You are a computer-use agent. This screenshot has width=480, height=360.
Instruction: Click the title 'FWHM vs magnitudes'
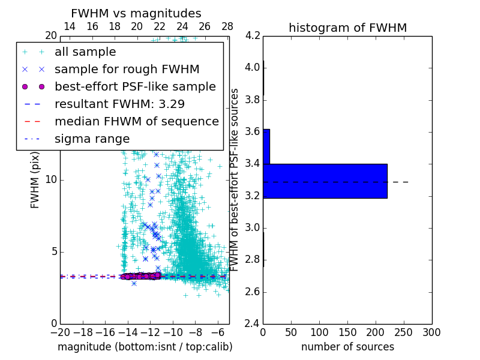[x=136, y=14]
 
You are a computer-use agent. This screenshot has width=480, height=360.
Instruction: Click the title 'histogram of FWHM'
[x=347, y=28]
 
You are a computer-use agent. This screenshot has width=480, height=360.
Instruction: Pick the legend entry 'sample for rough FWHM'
[x=127, y=70]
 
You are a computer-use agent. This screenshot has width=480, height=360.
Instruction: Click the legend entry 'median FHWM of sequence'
[x=136, y=121]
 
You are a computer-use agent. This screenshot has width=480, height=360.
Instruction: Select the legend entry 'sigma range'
[x=92, y=139]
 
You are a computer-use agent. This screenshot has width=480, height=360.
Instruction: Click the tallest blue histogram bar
[x=325, y=181]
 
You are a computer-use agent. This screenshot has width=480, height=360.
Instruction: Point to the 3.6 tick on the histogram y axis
[x=252, y=131]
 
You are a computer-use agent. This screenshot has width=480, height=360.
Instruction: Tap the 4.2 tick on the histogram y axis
[x=252, y=35]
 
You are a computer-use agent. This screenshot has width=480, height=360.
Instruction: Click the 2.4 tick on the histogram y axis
[x=252, y=324]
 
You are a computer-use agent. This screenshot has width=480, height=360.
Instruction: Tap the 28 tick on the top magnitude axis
[x=227, y=26]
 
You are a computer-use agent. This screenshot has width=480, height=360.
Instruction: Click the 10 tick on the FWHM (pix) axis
[x=52, y=180]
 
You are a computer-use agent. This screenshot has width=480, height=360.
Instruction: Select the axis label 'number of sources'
[x=347, y=347]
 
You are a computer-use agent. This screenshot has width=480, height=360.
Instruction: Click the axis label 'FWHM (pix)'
[x=35, y=180]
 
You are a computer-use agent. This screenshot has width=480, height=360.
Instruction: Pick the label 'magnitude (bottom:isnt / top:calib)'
[x=145, y=347]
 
